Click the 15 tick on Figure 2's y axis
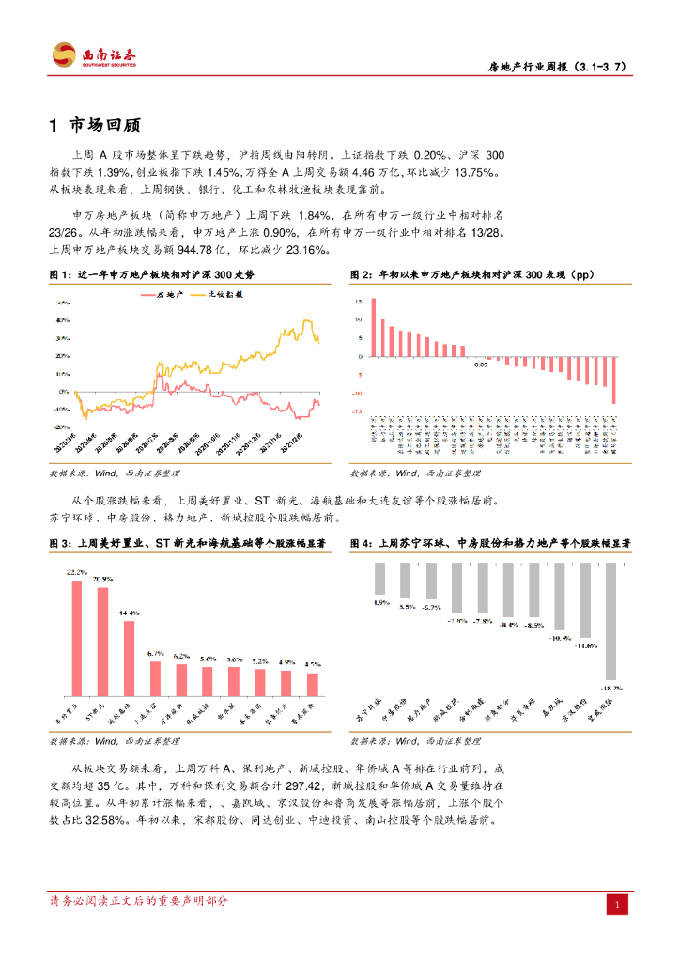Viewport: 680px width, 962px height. [x=358, y=302]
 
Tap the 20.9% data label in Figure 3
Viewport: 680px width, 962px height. [x=102, y=579]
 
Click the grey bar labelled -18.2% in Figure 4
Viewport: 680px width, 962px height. [x=611, y=620]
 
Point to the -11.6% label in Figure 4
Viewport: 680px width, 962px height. [x=586, y=645]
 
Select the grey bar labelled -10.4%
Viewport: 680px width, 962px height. [x=560, y=596]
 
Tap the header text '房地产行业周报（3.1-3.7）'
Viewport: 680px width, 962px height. [x=556, y=67]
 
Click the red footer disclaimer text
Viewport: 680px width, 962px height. [x=138, y=901]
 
